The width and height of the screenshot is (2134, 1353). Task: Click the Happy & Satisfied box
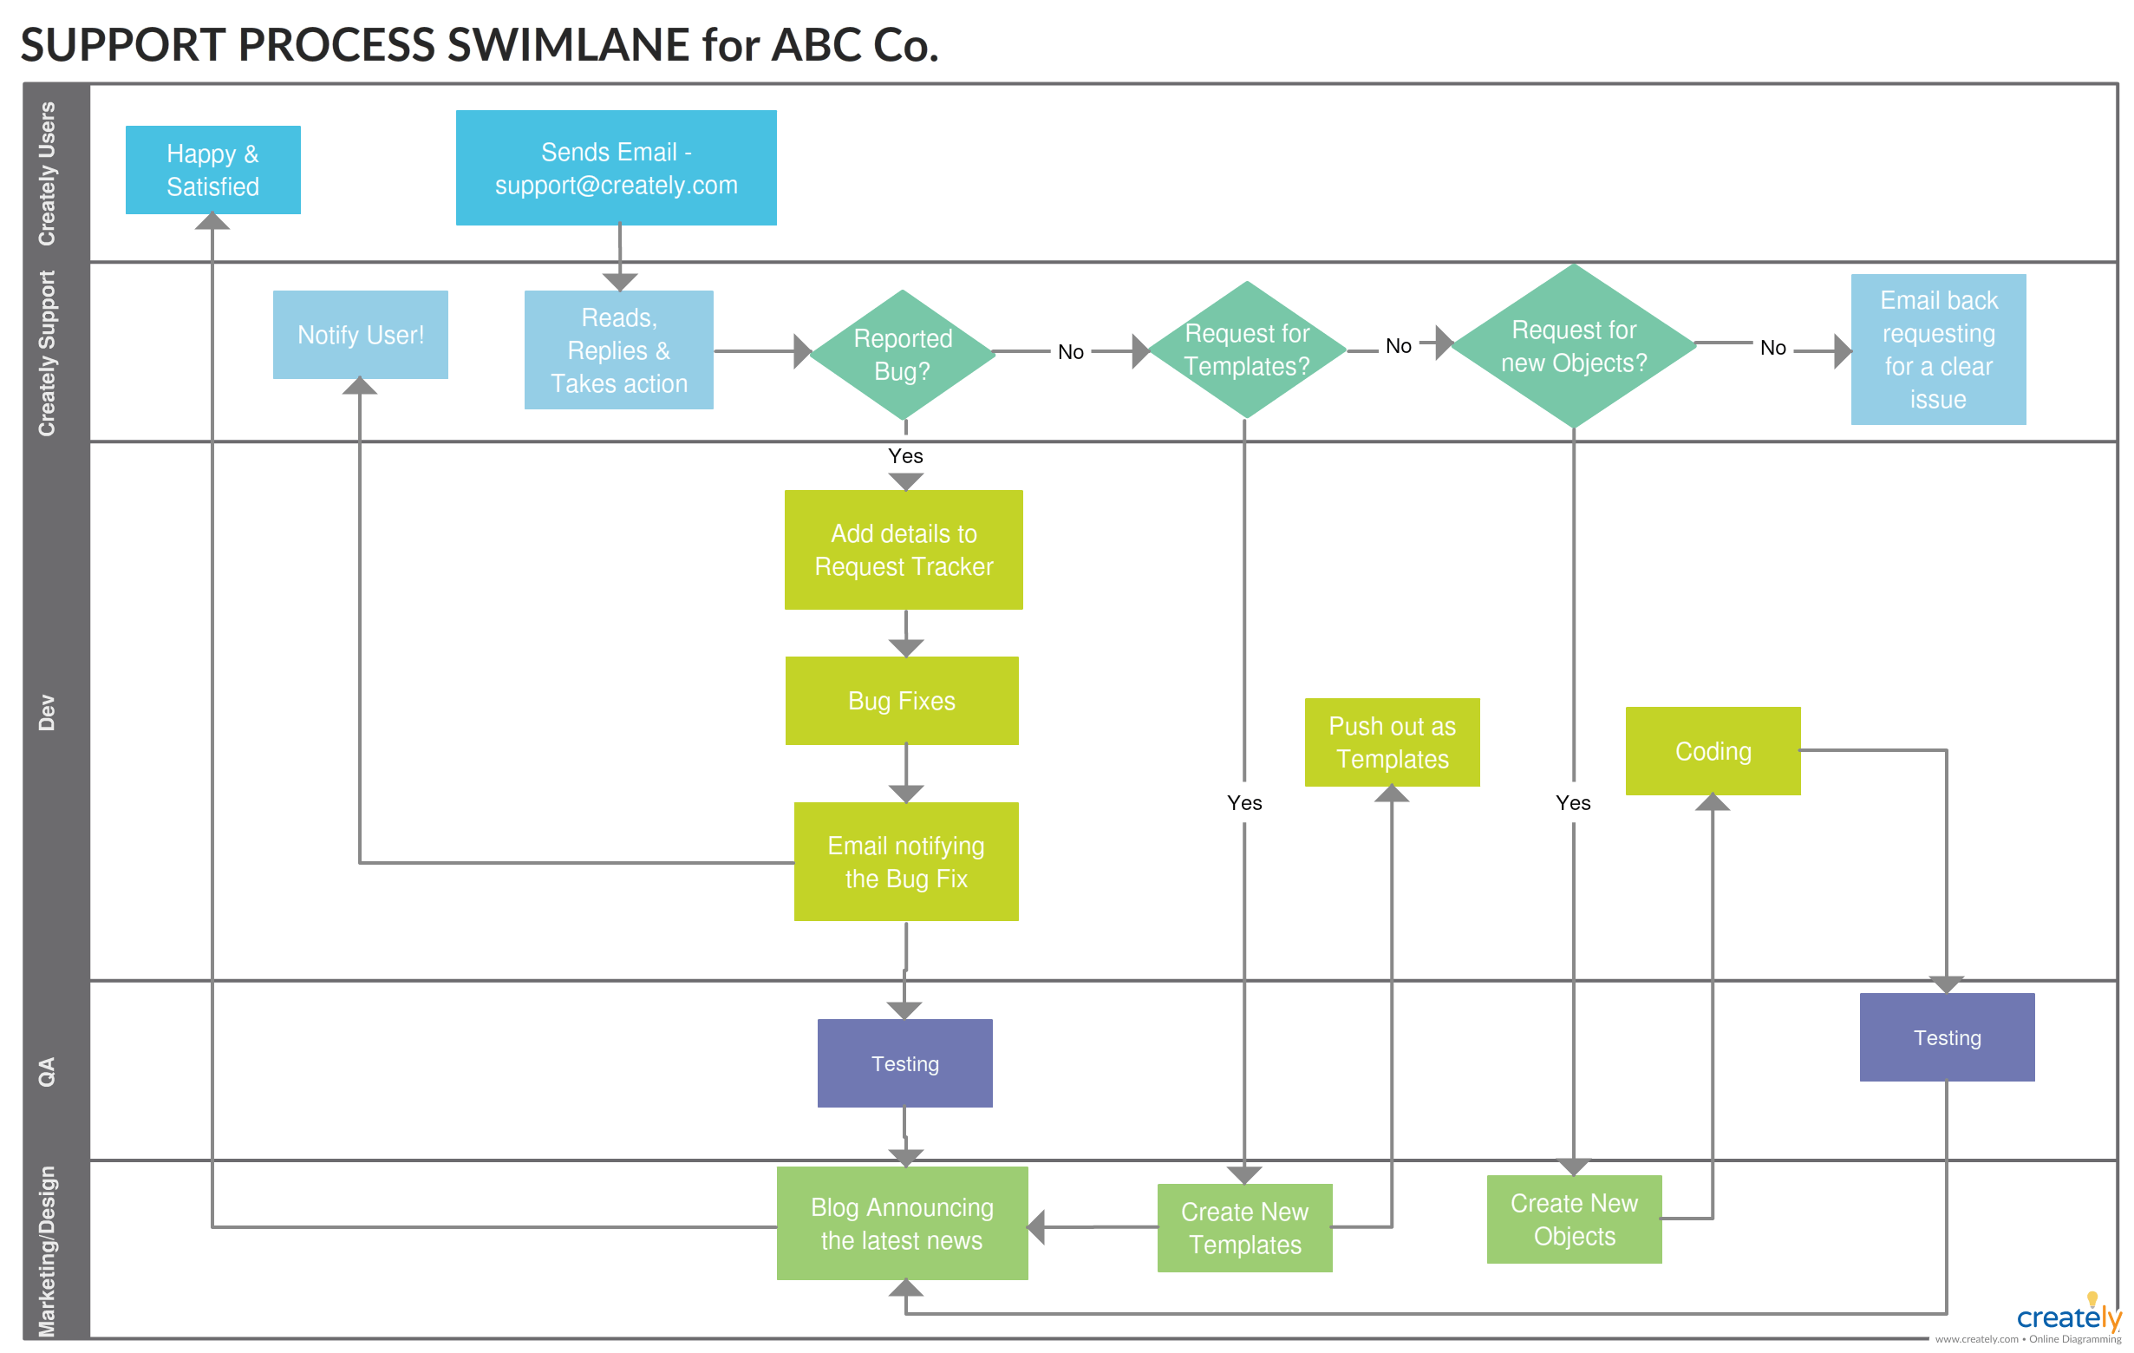point(212,169)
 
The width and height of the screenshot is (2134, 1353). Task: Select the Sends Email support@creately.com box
point(616,167)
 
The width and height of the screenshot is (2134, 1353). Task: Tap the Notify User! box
point(360,334)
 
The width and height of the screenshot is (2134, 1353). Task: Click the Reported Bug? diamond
point(902,355)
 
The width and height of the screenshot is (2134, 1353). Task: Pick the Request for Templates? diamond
point(1246,350)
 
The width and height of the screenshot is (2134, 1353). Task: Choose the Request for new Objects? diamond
point(1573,346)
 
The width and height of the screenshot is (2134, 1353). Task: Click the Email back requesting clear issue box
point(1937,350)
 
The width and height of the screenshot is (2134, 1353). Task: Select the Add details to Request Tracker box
point(903,550)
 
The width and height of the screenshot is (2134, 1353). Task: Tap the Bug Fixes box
point(901,701)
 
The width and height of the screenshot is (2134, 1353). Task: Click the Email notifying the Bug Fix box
point(905,861)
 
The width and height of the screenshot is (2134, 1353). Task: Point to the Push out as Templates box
point(1392,742)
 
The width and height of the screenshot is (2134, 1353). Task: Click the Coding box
point(1713,751)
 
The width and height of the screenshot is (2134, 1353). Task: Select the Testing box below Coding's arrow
point(1946,1036)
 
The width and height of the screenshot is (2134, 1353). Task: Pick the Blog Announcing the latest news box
point(901,1223)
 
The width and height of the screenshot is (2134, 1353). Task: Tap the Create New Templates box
point(1244,1227)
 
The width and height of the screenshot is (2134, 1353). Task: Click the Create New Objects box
point(1574,1219)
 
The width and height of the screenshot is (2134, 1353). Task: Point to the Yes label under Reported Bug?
point(904,455)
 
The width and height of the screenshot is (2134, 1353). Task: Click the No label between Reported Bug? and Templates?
point(1071,352)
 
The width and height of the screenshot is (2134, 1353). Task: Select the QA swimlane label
point(47,1071)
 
